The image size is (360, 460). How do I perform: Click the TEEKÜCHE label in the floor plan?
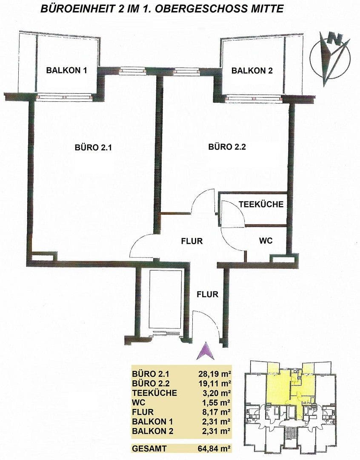pyautogui.click(x=261, y=204)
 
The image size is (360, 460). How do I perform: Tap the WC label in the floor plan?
pyautogui.click(x=266, y=241)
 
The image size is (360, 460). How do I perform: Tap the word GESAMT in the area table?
pyautogui.click(x=149, y=448)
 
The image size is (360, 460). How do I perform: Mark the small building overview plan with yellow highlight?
pyautogui.click(x=289, y=405)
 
